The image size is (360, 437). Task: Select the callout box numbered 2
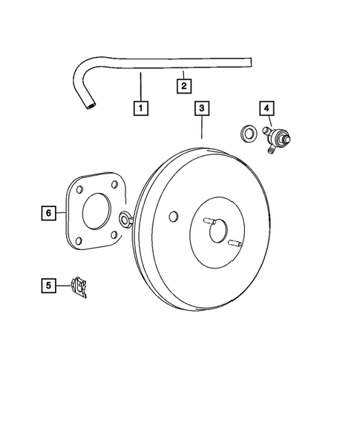click(183, 85)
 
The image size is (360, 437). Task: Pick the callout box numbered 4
click(265, 108)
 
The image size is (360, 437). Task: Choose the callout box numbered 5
click(48, 284)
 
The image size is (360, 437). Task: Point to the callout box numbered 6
click(48, 213)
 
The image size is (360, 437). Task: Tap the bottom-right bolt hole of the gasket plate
click(111, 236)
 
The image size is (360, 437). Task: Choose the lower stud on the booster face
click(235, 243)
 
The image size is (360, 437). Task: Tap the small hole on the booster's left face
click(173, 217)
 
